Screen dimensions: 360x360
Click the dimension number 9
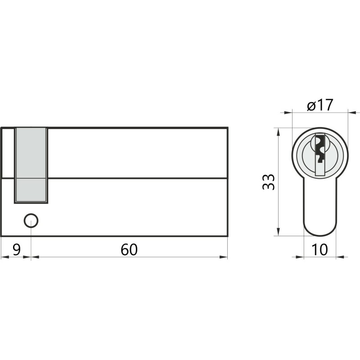pos(17,250)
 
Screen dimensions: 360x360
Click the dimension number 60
pos(129,250)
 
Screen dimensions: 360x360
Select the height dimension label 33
pos(268,182)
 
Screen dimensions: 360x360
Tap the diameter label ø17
pos(320,105)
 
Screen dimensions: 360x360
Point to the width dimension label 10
pos(320,250)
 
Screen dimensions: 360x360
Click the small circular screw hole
pos(31,220)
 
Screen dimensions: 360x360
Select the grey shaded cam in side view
pos(31,166)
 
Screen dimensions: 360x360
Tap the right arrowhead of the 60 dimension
pos(223,257)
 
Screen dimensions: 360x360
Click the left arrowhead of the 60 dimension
pos(35,257)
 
